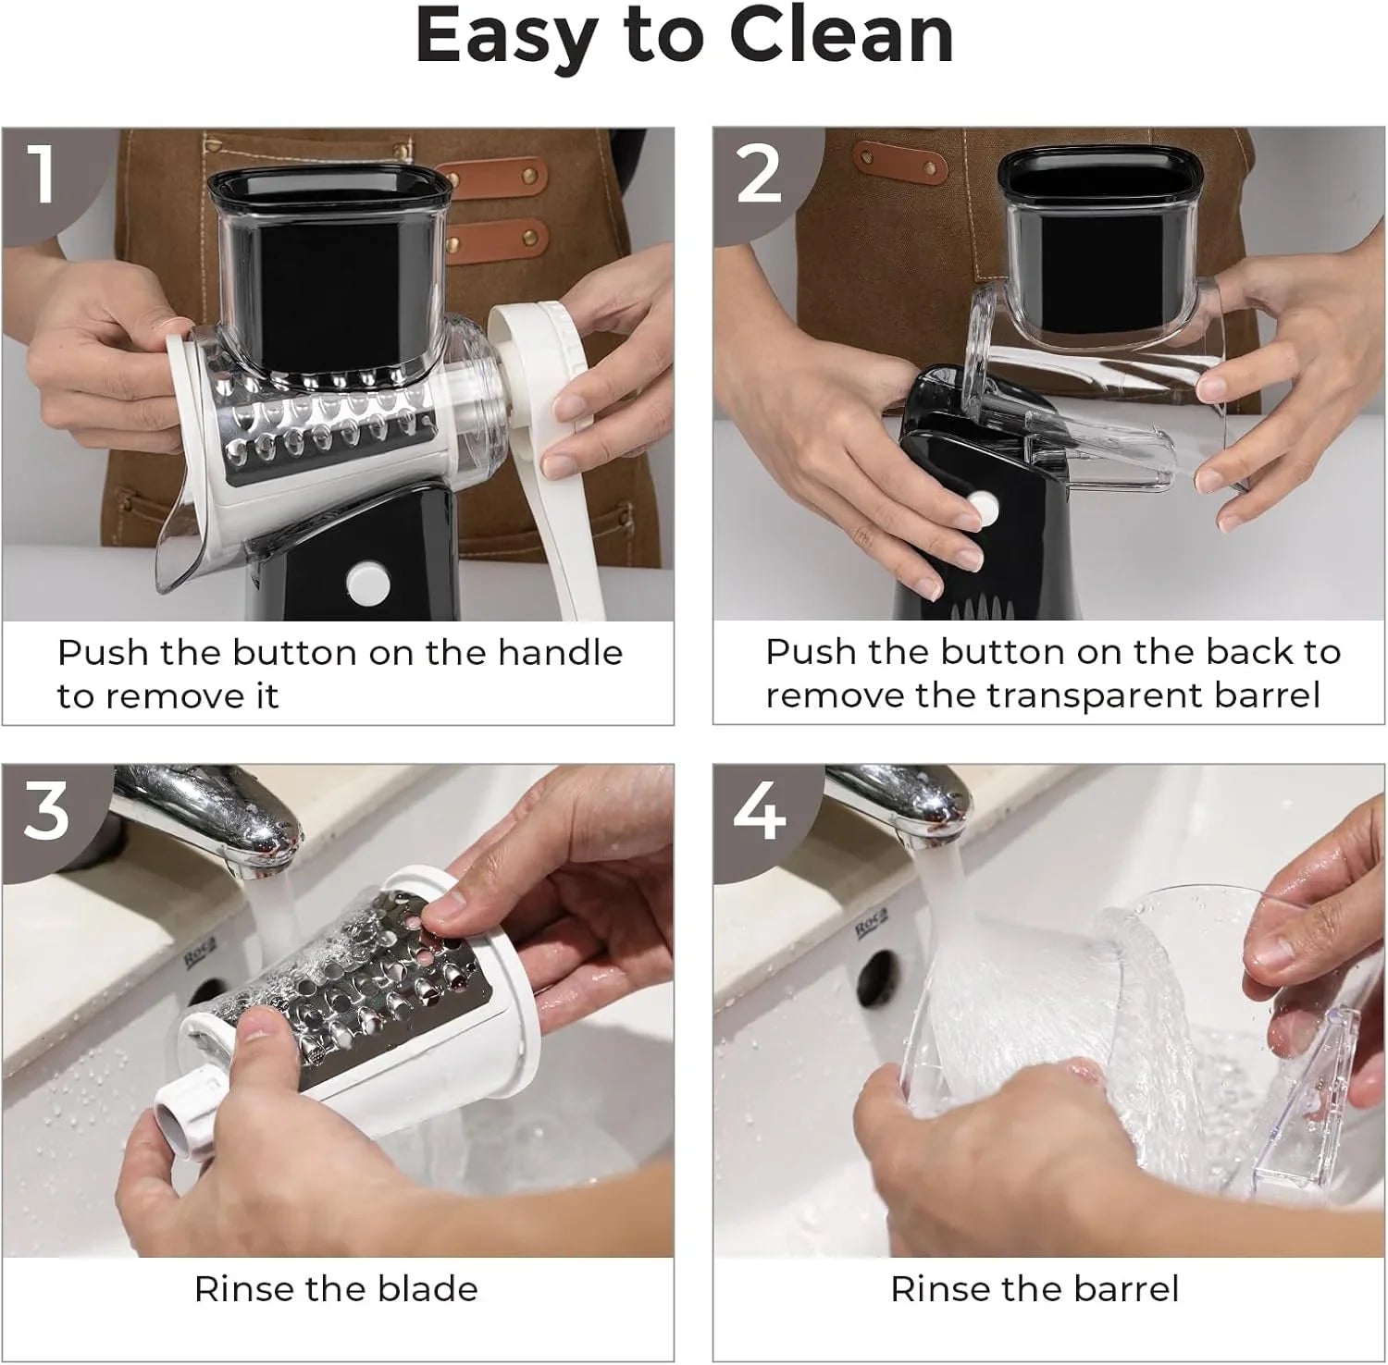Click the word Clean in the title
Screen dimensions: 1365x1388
841,37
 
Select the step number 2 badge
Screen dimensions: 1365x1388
759,173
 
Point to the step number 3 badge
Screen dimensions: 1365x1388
46,811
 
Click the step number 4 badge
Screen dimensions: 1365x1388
759,812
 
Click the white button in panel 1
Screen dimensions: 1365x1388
367,582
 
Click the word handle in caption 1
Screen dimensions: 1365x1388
560,653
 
